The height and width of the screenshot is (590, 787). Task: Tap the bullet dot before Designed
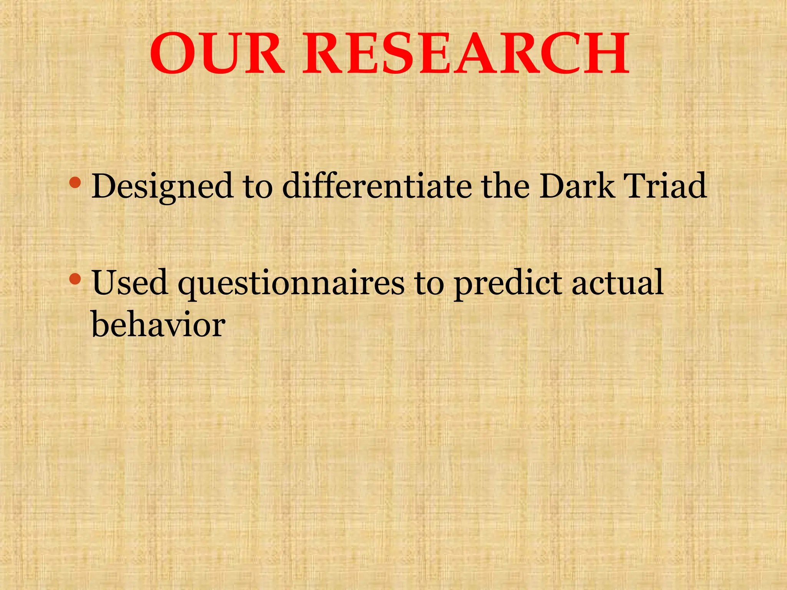point(75,183)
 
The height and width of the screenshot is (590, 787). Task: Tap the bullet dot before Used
point(75,279)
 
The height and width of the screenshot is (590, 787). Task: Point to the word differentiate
point(377,186)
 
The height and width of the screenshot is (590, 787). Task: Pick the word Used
point(130,283)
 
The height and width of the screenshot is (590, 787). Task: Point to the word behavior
point(158,325)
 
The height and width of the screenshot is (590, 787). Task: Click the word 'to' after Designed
point(258,187)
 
